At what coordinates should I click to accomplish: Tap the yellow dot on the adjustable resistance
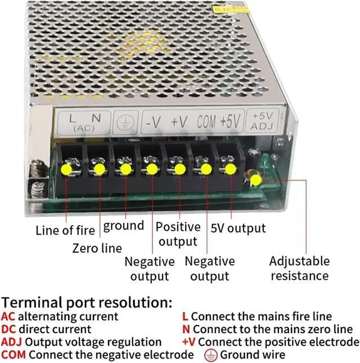coord(255,180)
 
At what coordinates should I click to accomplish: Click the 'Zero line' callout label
coord(97,248)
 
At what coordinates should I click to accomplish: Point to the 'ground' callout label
coord(124,226)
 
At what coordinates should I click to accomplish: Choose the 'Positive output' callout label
coord(178,234)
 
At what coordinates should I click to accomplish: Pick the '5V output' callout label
coord(238,228)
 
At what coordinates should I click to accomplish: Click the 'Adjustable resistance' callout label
coord(299,268)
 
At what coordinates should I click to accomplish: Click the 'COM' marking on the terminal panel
coord(206,121)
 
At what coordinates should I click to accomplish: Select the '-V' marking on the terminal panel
coord(153,122)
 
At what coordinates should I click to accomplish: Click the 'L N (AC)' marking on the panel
coord(85,122)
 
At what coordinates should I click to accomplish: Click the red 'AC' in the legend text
coord(8,317)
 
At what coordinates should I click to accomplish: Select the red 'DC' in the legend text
coord(8,330)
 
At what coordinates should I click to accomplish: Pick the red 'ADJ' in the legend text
coord(11,342)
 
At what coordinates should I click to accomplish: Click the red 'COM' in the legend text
coord(13,355)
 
